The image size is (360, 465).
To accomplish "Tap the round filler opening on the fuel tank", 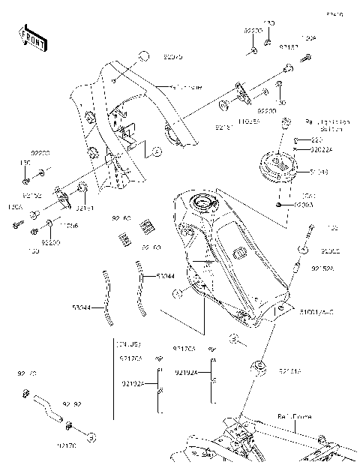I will point(202,202).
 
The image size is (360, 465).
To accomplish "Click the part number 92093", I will point(302,203).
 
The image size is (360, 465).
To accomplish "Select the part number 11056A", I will point(229,120).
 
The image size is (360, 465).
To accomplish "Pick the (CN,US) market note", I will point(130,343).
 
